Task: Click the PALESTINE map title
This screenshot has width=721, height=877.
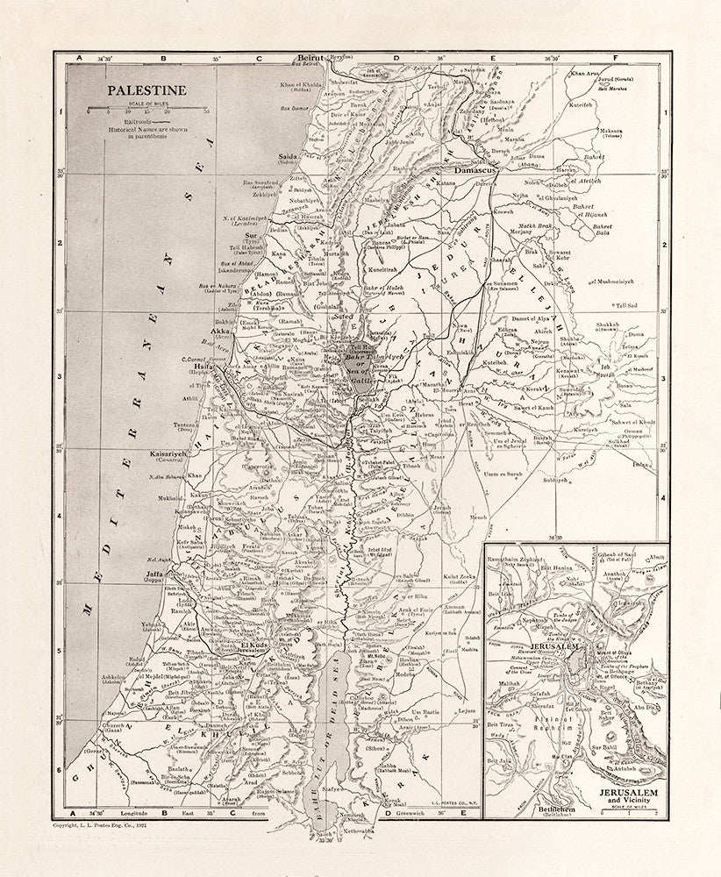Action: (144, 89)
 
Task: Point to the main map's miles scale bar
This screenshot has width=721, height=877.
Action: (146, 108)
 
